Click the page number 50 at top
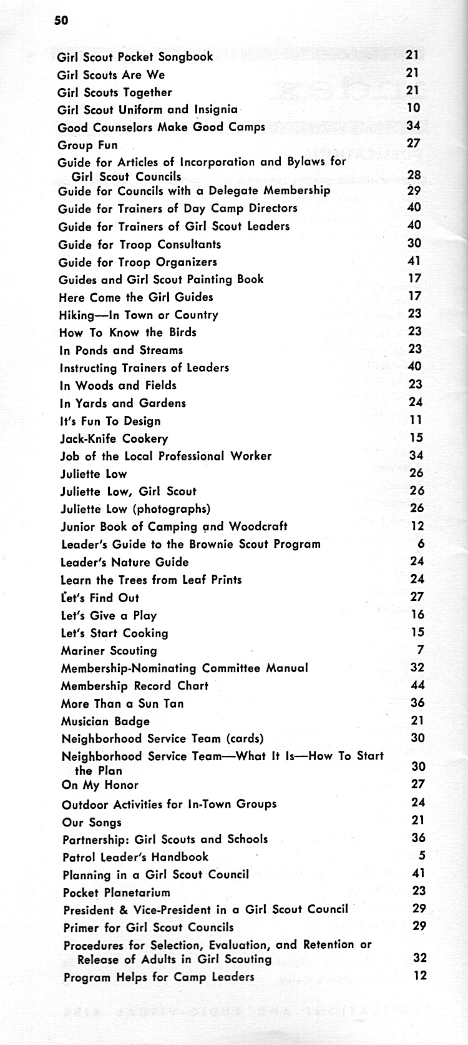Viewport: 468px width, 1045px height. point(61,21)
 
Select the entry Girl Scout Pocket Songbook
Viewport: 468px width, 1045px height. point(135,57)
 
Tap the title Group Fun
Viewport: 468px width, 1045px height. point(87,145)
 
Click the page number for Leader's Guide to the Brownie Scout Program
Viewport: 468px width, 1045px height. point(421,544)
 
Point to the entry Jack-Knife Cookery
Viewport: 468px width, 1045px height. point(114,438)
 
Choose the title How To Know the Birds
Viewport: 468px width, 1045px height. point(127,332)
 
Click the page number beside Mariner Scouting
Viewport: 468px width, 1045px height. point(421,650)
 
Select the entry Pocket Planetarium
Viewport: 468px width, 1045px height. point(116,893)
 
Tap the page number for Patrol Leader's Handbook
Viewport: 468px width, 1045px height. point(422,856)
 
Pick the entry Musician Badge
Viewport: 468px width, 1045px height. point(105,721)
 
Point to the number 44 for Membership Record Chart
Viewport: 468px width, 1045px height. point(417,685)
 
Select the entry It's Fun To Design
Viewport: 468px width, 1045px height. point(110,421)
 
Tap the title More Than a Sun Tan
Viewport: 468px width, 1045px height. point(122,703)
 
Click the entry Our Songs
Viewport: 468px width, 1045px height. point(92,823)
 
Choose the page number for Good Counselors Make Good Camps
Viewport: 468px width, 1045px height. point(414,126)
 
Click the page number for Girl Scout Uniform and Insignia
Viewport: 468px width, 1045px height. point(414,108)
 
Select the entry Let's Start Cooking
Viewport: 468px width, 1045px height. point(114,633)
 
